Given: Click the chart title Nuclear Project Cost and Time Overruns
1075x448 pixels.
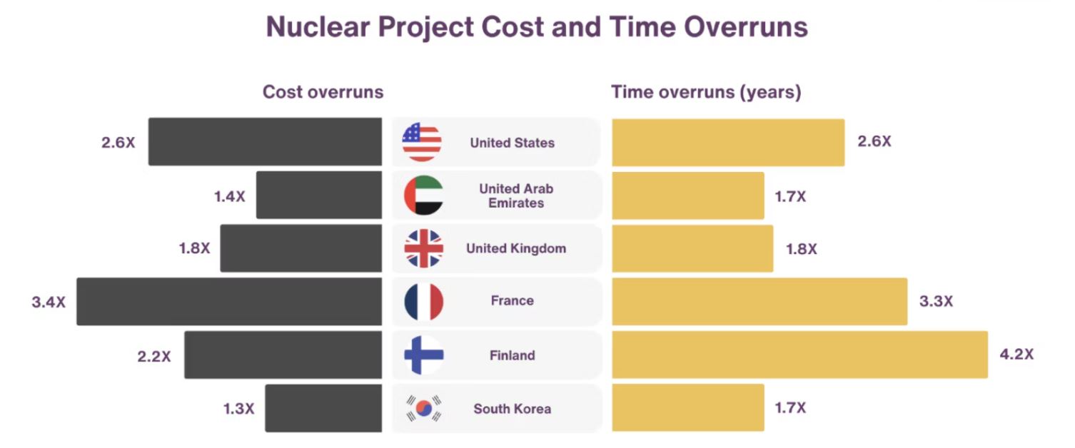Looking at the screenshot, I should (537, 28).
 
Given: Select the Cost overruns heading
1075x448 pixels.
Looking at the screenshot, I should (323, 92).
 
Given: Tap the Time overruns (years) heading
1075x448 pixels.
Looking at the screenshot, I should (706, 92).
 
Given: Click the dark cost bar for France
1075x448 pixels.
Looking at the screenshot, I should (229, 302).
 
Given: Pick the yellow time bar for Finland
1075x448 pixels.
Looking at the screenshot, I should (799, 355).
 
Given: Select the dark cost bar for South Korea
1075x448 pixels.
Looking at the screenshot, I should (323, 408).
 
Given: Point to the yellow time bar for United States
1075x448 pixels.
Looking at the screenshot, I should (728, 142).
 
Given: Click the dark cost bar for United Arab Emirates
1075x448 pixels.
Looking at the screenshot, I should (319, 195).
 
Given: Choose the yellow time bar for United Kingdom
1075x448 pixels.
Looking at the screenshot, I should (692, 248).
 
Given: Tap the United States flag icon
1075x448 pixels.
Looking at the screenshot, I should (422, 142).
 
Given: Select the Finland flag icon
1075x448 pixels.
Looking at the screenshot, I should (424, 355).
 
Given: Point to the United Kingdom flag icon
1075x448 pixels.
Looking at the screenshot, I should (424, 248).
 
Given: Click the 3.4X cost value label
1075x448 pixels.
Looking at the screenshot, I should (49, 302).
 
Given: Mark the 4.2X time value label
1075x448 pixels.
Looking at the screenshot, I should (1016, 355).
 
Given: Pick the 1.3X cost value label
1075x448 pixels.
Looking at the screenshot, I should (238, 409).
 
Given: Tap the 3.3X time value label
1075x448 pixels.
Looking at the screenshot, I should (936, 302).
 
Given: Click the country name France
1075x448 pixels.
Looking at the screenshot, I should (512, 301).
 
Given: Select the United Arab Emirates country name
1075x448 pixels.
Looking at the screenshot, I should (516, 195).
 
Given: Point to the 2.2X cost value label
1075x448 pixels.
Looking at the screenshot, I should (154, 355).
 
